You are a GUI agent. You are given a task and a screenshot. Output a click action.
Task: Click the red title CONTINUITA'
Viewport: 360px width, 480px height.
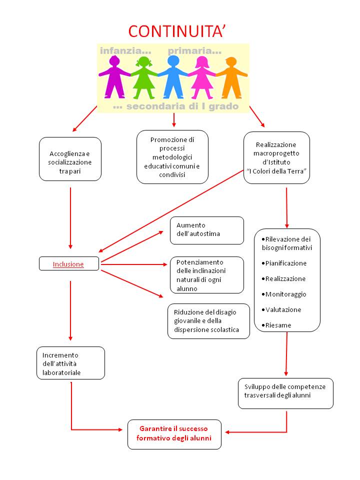point(177,31)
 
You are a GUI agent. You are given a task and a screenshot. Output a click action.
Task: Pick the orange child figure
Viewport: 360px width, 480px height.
point(231,78)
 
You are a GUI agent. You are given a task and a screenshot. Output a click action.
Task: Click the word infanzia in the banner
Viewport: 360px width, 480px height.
point(125,51)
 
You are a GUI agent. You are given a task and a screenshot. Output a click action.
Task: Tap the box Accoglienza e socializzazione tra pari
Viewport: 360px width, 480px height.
point(70,159)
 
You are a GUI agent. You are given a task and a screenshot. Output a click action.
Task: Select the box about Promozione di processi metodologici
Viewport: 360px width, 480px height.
point(172,157)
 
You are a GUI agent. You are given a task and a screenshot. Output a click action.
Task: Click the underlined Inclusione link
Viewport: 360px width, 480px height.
point(68,264)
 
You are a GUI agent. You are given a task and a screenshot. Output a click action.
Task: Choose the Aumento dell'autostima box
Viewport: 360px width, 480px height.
point(207,230)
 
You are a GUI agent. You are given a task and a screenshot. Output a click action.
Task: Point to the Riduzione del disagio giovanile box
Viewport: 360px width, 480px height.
point(209,321)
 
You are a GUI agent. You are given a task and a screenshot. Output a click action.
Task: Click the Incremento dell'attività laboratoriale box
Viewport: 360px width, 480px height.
point(70,363)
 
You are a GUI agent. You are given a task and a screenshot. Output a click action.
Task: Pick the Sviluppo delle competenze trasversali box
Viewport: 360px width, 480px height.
point(285,393)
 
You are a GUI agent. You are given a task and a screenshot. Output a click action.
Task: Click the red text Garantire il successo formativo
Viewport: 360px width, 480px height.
point(174,433)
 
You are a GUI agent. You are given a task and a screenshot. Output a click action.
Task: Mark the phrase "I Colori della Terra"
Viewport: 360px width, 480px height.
point(276,171)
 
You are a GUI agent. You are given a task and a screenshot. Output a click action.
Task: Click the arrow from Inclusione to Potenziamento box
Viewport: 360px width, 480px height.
point(134,264)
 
